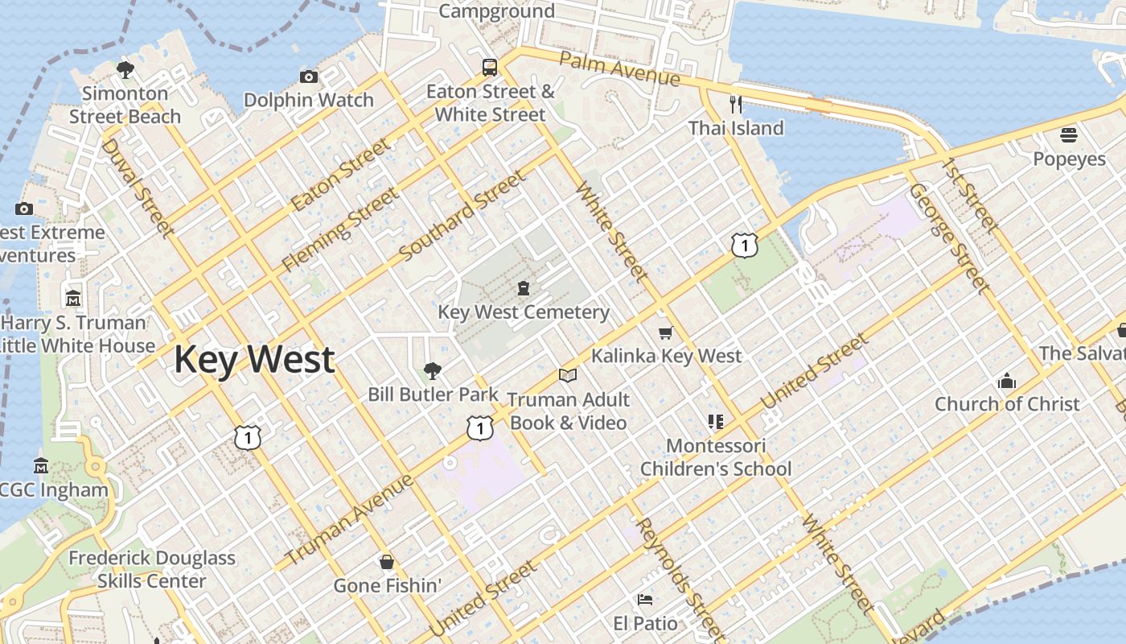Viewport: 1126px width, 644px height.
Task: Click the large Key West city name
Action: coord(254,359)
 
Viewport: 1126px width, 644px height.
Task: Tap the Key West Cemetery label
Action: coord(523,312)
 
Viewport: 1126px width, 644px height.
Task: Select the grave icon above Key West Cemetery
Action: coord(524,288)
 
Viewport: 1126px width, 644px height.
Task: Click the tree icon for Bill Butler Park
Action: coord(433,370)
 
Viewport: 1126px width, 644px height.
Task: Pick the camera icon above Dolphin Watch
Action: coord(308,76)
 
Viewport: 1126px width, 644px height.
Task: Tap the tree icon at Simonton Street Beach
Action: coord(125,70)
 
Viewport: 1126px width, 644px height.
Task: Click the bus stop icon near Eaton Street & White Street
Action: coord(490,67)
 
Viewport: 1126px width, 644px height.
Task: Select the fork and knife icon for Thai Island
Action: coord(735,104)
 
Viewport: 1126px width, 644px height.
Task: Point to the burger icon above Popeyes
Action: coord(1069,134)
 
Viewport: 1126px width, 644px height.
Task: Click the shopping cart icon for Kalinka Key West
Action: coord(665,332)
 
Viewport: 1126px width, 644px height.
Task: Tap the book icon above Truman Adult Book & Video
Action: coord(568,375)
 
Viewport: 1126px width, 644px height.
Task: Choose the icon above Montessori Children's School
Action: coord(716,421)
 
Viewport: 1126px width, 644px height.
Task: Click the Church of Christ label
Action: coord(1006,404)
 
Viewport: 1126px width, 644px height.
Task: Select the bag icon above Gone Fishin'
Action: coord(387,561)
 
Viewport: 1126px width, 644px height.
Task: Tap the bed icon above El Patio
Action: coord(645,599)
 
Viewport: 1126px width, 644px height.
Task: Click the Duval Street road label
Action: coord(138,188)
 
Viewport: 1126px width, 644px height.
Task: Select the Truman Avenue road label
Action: coord(350,519)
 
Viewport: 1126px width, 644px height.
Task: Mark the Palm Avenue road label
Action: coord(619,69)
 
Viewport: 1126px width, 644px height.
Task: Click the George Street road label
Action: coord(949,237)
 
